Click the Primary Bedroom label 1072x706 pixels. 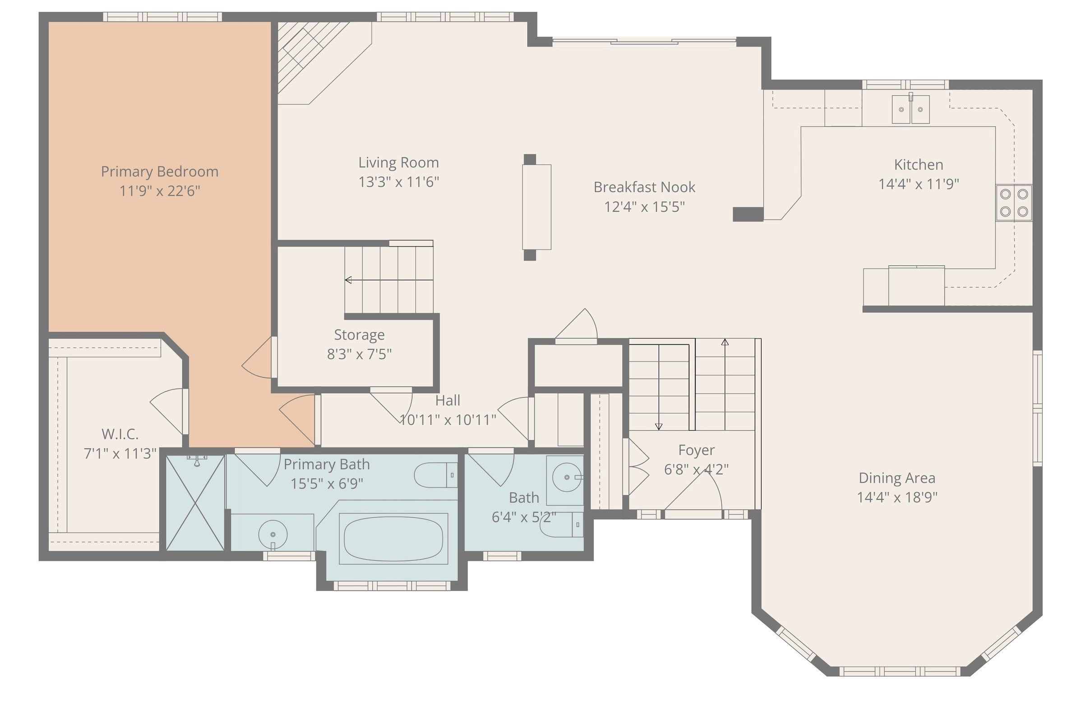(160, 172)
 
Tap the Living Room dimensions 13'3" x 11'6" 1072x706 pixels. (399, 182)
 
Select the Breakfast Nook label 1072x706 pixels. (644, 187)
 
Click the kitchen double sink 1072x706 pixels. (910, 109)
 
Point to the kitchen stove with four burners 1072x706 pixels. (1014, 203)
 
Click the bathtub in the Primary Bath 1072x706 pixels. (393, 539)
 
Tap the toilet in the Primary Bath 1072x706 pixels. (436, 475)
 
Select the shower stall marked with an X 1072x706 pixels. (195, 503)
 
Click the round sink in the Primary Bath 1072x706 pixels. (273, 534)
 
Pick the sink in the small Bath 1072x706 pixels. (567, 477)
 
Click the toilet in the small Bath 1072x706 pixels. (561, 525)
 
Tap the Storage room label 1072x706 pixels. (359, 335)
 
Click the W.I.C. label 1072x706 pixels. (120, 434)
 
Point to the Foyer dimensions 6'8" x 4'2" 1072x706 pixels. (696, 469)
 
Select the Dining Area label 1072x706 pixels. (897, 478)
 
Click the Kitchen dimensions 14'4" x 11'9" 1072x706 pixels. (919, 184)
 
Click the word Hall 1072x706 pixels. (448, 400)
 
